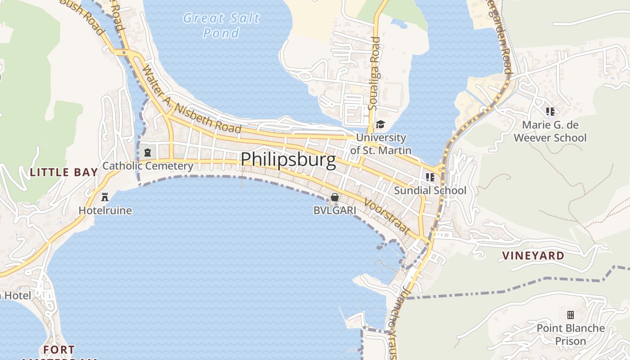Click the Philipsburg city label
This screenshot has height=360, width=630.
288,160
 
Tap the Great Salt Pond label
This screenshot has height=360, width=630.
221,25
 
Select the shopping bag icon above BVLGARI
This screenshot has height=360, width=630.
335,197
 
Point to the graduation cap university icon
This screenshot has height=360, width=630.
381,124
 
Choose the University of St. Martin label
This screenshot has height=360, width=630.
381,144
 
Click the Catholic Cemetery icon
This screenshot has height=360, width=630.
147,152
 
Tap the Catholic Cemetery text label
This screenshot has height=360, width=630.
148,166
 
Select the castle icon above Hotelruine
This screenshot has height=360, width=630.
105,197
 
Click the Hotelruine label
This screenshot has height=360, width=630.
105,210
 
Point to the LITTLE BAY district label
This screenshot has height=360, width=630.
64,172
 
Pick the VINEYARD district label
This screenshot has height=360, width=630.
533,256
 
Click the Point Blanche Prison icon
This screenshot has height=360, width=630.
571,315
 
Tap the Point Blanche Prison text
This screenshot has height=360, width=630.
570,334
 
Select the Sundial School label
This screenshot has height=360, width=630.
430,190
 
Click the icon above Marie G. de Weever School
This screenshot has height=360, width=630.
550,111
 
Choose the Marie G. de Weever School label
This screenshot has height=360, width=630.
550,131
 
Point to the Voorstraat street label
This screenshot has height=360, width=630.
387,217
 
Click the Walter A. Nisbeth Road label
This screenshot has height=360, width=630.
191,100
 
